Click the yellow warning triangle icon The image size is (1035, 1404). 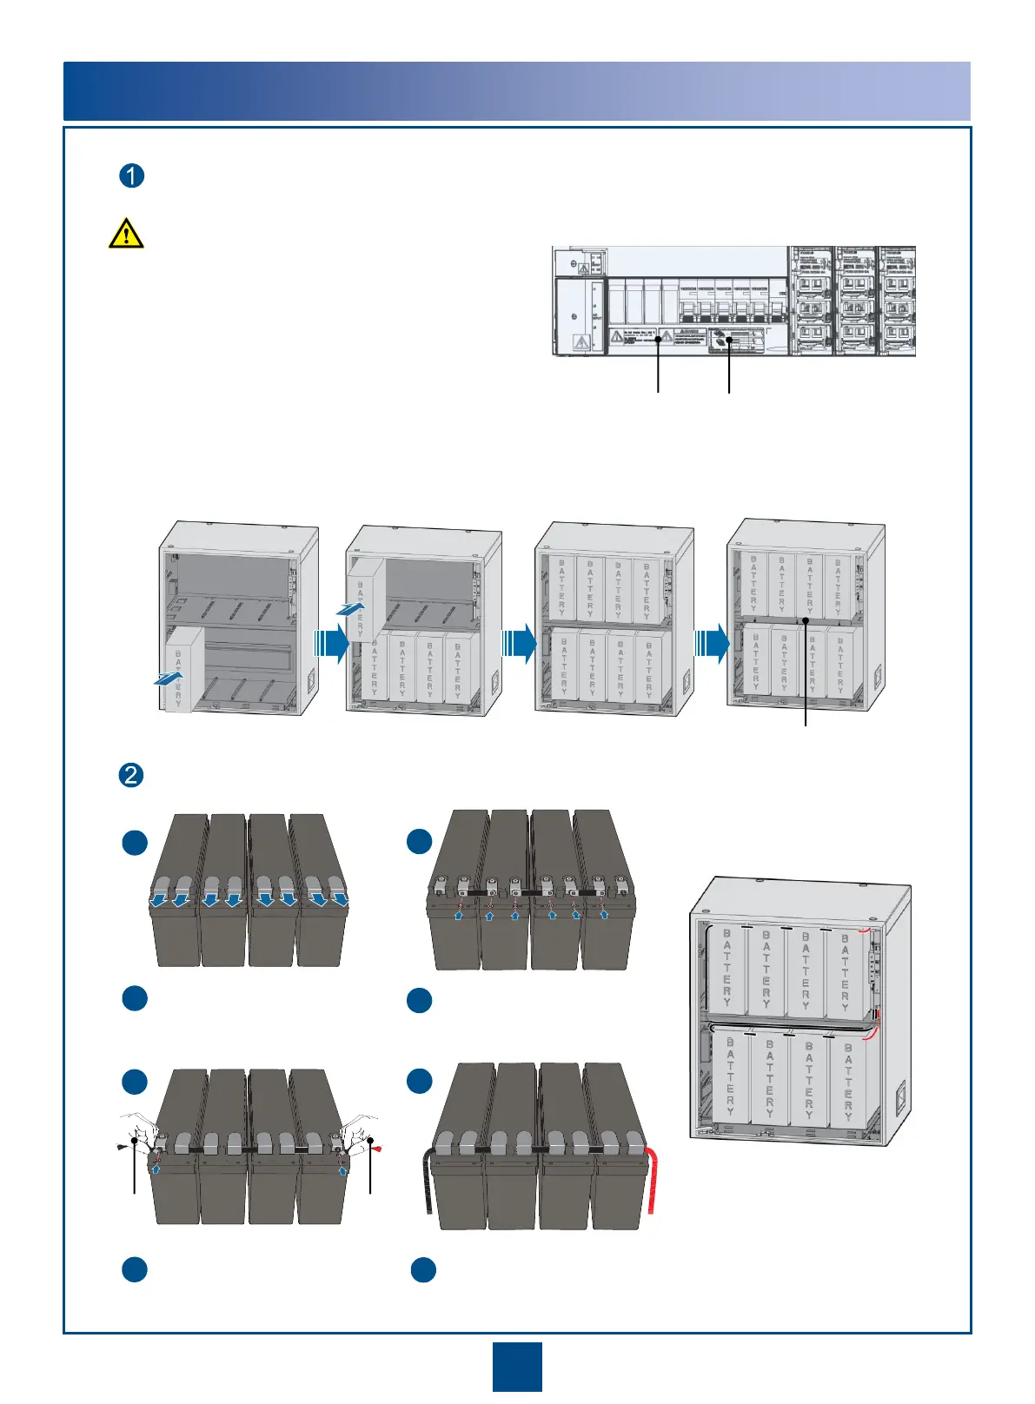point(126,233)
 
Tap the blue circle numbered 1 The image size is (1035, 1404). point(131,176)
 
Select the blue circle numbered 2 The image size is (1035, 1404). point(131,774)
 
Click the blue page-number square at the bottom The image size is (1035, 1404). point(517,1367)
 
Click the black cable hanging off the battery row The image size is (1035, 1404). point(429,1186)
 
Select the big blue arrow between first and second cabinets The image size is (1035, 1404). point(331,644)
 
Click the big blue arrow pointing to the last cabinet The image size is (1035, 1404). point(712,644)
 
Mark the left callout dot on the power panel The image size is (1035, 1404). point(659,341)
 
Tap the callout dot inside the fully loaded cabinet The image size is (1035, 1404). point(806,619)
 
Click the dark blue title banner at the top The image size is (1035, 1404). point(517,91)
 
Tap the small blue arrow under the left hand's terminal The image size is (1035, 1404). point(156,1169)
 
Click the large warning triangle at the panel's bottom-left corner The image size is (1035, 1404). point(581,342)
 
